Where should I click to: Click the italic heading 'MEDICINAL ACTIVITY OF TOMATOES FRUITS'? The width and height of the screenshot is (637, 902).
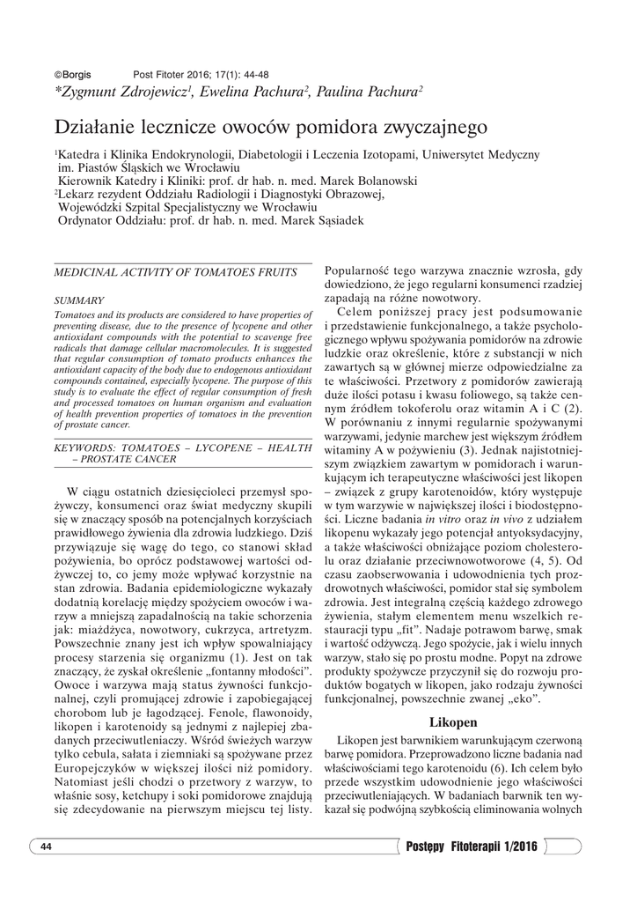point(175,274)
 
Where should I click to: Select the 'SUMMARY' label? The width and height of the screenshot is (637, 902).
point(79,300)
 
